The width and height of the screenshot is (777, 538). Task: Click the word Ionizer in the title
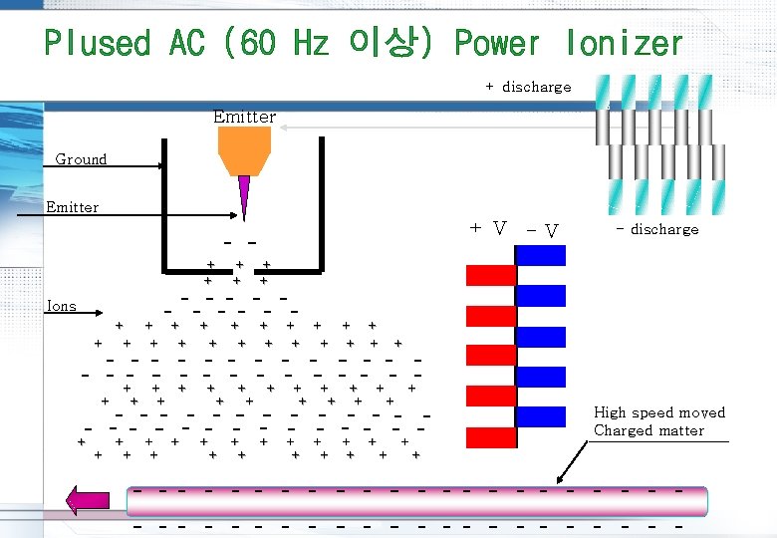point(624,43)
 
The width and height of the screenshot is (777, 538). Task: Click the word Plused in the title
point(96,43)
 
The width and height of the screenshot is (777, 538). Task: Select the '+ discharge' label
point(528,87)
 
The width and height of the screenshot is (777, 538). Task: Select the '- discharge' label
point(657,229)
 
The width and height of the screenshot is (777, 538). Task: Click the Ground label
point(81,159)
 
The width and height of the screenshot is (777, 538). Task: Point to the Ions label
point(62,306)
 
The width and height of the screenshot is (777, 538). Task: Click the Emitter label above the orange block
point(244,117)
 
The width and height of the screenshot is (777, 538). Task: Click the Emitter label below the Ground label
point(73,207)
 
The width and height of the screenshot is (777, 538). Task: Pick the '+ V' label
point(487,228)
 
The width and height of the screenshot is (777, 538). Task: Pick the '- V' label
point(542,231)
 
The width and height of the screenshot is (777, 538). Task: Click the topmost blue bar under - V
point(541,256)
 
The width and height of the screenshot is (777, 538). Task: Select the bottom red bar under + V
point(491,436)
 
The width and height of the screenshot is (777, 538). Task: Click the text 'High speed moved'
point(659,412)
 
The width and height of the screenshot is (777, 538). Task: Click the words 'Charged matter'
point(648,430)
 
